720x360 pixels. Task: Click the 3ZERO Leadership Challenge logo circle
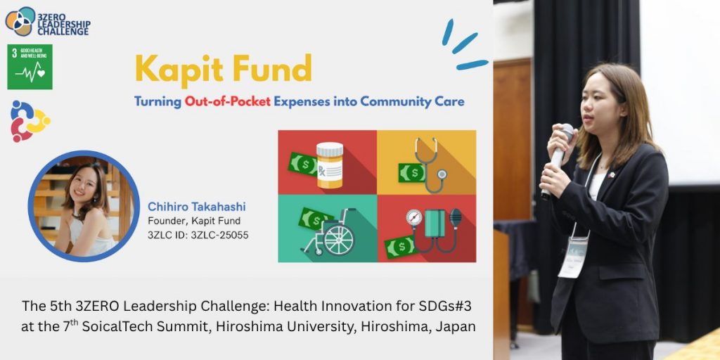point(20,21)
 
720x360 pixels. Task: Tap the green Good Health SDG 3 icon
point(30,67)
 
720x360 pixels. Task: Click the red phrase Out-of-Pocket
point(227,102)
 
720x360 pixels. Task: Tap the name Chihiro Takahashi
point(197,207)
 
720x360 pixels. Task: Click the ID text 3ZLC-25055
point(219,236)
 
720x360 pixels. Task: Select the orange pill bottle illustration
point(329,165)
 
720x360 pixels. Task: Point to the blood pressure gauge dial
point(413,217)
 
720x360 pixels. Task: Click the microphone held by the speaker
point(558,159)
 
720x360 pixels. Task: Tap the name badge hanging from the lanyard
point(573,257)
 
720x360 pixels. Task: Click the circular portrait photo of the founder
point(84,206)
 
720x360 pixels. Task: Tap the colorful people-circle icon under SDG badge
point(30,121)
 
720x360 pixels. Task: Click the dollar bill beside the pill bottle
point(302,164)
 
